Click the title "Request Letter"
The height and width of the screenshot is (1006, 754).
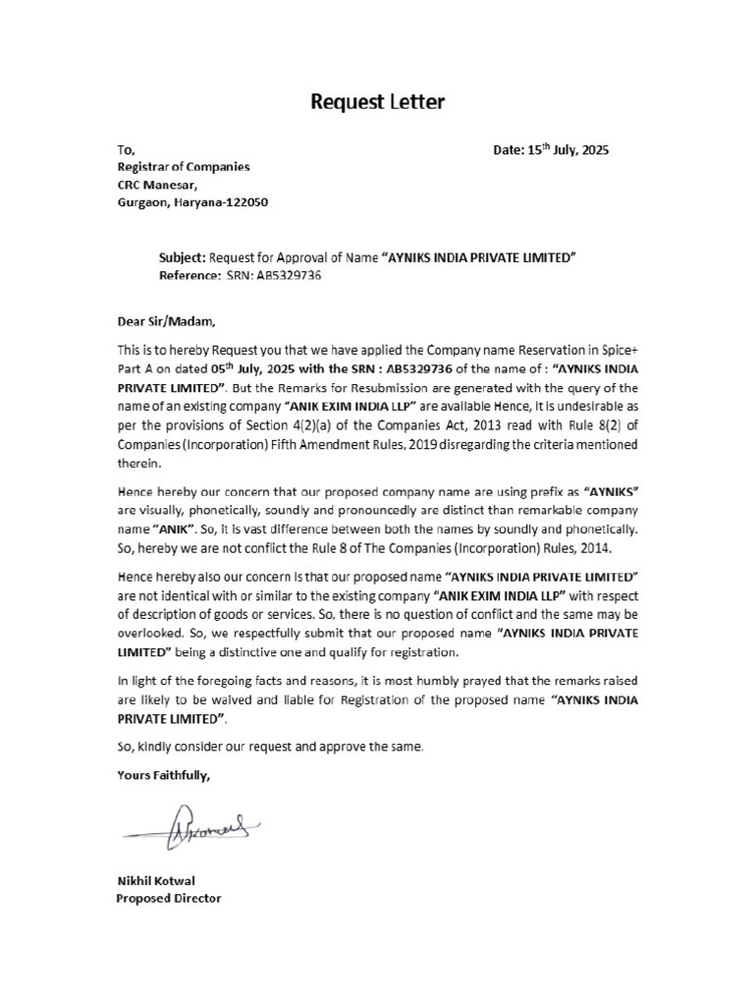[378, 101]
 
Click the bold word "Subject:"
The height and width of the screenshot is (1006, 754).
[182, 257]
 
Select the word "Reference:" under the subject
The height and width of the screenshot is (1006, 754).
[189, 276]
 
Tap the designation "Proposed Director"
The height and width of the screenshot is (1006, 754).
[169, 899]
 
